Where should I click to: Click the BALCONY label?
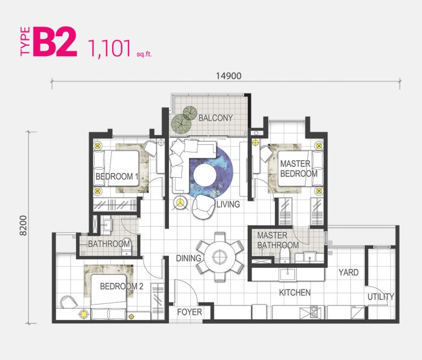216,118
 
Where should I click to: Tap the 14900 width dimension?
228,76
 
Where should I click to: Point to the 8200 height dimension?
24,226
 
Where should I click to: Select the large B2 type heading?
55,42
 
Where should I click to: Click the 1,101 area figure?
110,48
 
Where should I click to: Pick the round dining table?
220,257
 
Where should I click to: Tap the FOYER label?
189,312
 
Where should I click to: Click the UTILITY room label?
381,297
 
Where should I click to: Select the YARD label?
348,273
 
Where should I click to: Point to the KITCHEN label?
295,292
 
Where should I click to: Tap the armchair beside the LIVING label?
203,207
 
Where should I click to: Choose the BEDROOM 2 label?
121,286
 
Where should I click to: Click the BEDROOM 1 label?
117,177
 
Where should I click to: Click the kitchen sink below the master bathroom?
288,274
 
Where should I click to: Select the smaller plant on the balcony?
190,113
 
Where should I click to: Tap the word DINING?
188,258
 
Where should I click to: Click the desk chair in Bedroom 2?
68,302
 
